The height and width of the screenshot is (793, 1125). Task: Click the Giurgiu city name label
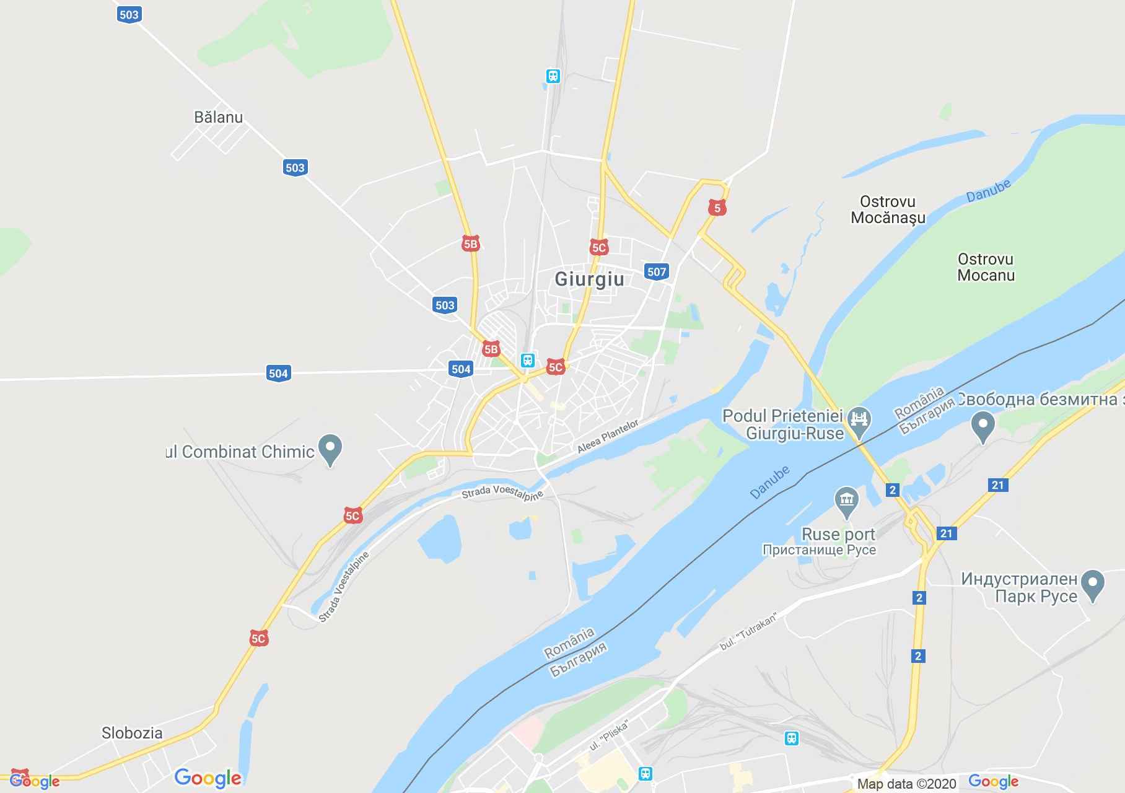pyautogui.click(x=589, y=279)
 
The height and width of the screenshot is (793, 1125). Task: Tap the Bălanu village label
pyautogui.click(x=218, y=117)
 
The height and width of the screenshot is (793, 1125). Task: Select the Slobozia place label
pyautogui.click(x=132, y=733)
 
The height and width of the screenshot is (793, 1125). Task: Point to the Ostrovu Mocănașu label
pyautogui.click(x=888, y=209)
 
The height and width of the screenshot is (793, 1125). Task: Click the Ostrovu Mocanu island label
pyautogui.click(x=986, y=267)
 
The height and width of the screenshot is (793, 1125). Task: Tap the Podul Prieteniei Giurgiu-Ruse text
pyautogui.click(x=783, y=424)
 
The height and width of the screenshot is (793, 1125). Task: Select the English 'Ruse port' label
pyautogui.click(x=838, y=534)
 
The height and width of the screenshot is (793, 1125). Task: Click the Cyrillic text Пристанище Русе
pyautogui.click(x=819, y=550)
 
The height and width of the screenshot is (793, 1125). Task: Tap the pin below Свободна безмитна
pyautogui.click(x=983, y=426)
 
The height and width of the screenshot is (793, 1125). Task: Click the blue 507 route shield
pyautogui.click(x=657, y=271)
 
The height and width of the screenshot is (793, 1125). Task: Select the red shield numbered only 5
pyautogui.click(x=717, y=208)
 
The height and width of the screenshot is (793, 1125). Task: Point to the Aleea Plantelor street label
pyautogui.click(x=607, y=436)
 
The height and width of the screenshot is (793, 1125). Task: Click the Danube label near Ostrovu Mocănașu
pyautogui.click(x=989, y=190)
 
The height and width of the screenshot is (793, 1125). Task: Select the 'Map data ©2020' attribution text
pyautogui.click(x=907, y=784)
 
